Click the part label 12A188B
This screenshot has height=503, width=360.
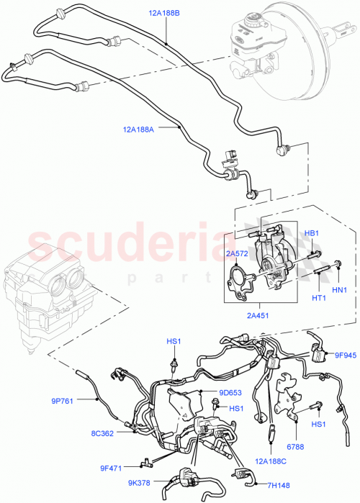coord(165,13)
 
